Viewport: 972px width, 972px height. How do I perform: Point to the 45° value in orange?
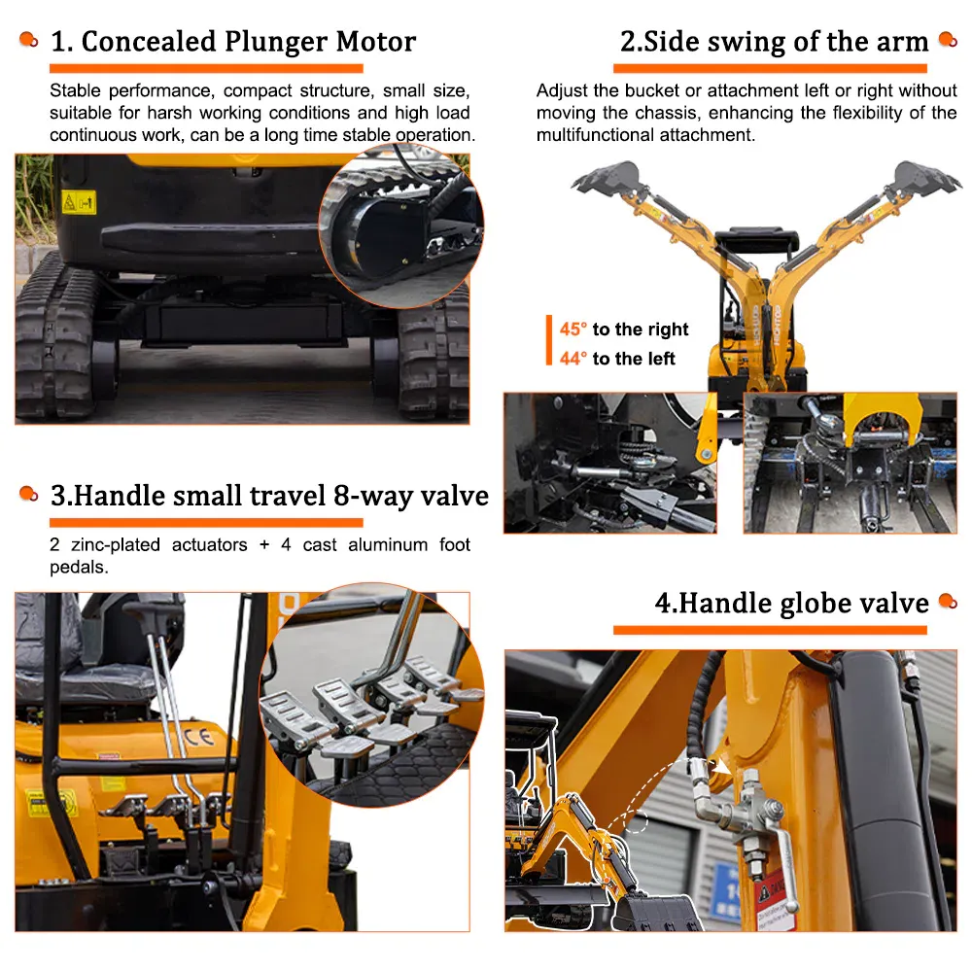(573, 329)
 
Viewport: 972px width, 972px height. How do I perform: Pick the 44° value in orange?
(573, 359)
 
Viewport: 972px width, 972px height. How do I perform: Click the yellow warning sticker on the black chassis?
(79, 202)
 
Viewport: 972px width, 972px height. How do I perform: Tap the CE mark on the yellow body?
(198, 737)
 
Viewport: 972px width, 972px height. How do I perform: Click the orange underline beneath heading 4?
(770, 630)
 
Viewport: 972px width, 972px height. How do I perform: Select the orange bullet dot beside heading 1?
(28, 40)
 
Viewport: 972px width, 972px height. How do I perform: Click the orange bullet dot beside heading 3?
(28, 494)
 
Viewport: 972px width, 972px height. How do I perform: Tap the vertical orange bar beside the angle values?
(548, 340)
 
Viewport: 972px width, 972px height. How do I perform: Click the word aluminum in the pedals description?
(388, 545)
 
